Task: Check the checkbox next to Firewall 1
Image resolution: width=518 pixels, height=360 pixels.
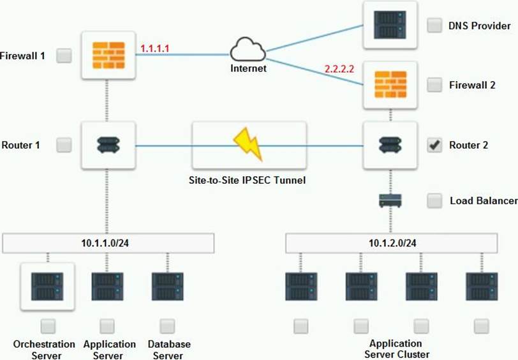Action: tap(64, 56)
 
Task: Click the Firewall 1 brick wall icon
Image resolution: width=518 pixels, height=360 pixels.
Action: tap(108, 56)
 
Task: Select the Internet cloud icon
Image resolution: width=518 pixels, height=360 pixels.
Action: tap(248, 49)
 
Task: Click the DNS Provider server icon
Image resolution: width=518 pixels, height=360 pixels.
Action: tap(390, 25)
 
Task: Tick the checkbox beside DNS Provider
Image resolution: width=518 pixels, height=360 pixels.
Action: tap(434, 26)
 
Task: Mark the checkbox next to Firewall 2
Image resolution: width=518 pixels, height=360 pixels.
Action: tap(434, 84)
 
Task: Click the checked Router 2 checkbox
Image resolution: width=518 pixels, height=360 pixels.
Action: tap(434, 146)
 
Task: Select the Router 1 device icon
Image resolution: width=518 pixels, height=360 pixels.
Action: tap(108, 146)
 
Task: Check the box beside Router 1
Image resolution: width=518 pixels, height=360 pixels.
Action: tap(64, 146)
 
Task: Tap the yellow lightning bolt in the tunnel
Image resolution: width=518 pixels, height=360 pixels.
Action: tap(248, 144)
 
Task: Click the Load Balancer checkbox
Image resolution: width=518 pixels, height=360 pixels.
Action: tap(434, 200)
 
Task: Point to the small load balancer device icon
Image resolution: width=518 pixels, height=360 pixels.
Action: tap(390, 200)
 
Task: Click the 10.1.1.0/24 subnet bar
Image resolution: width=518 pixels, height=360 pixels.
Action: tap(108, 243)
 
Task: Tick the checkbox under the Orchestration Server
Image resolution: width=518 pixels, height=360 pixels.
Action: tap(47, 326)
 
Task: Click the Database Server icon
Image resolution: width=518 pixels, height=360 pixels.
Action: tap(167, 287)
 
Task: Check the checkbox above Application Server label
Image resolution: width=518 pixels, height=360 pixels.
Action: tap(107, 326)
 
